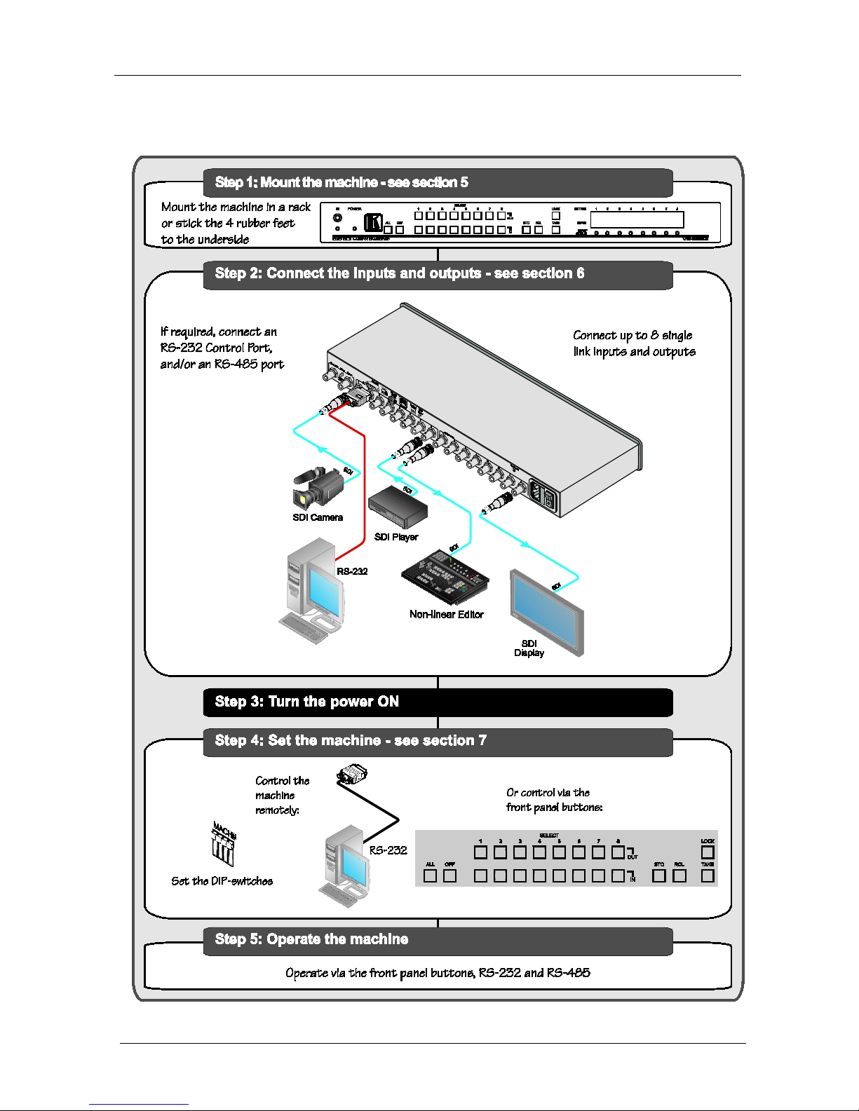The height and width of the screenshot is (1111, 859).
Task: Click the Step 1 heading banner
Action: point(438,183)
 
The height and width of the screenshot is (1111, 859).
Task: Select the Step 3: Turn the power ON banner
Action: point(438,702)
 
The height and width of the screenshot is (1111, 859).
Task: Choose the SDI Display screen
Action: point(547,611)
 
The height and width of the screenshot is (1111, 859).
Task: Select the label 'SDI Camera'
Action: point(318,518)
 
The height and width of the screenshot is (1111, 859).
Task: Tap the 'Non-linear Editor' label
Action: point(447,615)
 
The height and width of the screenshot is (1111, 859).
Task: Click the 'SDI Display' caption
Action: point(529,648)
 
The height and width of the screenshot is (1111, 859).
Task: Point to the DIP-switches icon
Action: point(224,845)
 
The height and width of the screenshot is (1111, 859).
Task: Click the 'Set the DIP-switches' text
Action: point(222,882)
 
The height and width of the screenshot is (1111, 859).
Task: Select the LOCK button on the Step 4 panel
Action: point(708,852)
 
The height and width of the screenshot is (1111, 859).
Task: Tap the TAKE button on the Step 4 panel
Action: point(708,875)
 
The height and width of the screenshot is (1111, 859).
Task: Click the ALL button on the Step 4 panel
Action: point(430,875)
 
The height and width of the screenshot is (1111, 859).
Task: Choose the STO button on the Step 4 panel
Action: point(659,875)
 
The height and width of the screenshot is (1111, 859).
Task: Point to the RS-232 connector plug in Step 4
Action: point(352,775)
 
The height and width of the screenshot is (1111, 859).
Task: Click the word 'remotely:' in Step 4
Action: point(277,810)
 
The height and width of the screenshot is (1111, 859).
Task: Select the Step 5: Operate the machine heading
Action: point(438,940)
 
